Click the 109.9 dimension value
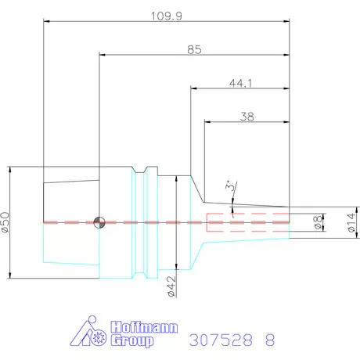(x=167, y=16)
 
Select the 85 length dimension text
(x=194, y=49)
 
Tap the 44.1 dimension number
(x=240, y=83)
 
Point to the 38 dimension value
(x=247, y=117)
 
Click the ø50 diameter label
(x=5, y=222)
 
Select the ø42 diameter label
(x=171, y=286)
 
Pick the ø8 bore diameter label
(x=318, y=222)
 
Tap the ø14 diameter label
(x=351, y=222)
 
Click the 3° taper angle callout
(x=229, y=185)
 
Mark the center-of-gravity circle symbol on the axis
(x=99, y=222)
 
